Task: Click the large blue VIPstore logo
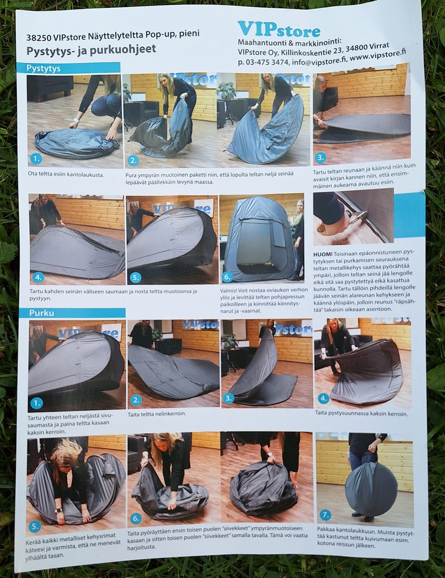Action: click(279, 29)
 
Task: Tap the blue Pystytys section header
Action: click(68, 68)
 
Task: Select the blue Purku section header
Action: click(72, 313)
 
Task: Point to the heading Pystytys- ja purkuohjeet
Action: click(91, 50)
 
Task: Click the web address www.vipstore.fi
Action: click(378, 55)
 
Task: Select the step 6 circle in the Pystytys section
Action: click(227, 277)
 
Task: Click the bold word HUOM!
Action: click(322, 254)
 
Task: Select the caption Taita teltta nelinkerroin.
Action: click(157, 414)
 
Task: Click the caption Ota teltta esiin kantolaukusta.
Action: click(66, 175)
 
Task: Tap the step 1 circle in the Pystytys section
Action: click(36, 159)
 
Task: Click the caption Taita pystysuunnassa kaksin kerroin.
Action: click(361, 414)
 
